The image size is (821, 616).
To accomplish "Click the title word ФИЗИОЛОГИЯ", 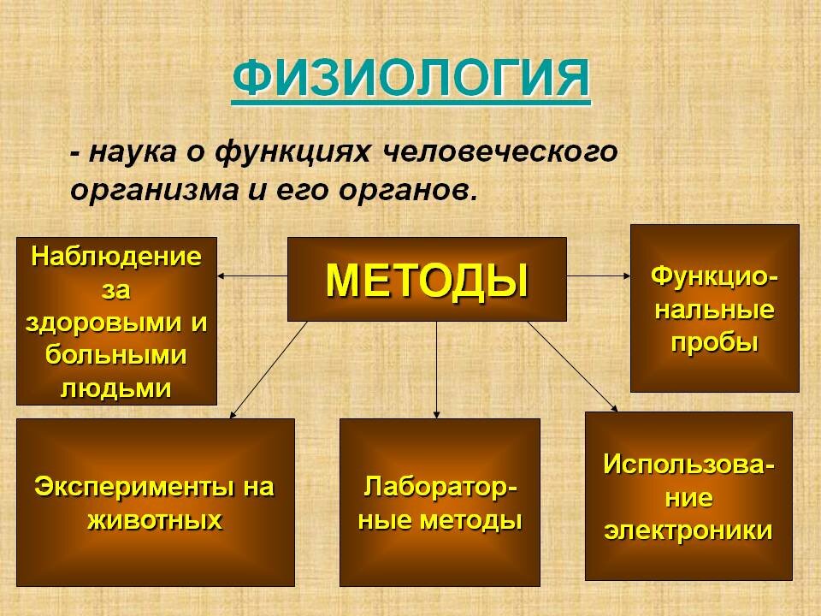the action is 411,79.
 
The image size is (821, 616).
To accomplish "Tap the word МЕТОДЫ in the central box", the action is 427,281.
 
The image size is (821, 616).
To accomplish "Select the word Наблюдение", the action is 116,257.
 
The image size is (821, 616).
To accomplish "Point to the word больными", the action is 115,355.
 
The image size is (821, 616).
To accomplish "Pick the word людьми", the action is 116,388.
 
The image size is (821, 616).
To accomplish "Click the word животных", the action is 155,521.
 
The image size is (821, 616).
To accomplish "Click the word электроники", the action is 688,530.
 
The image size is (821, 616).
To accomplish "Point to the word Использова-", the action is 689,464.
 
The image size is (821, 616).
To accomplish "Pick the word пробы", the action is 715,343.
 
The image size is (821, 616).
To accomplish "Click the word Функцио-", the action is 715,276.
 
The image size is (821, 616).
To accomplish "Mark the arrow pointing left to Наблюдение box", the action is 252,275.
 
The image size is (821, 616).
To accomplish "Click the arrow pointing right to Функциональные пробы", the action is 599,275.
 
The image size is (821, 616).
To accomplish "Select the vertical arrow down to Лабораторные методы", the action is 437,370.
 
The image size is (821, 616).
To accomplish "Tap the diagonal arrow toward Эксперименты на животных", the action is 268,370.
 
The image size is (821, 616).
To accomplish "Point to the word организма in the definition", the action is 154,191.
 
